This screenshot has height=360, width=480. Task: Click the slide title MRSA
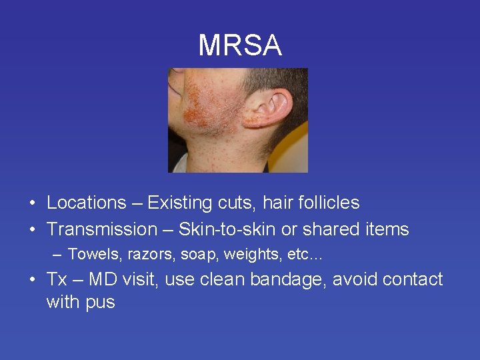pos(240,45)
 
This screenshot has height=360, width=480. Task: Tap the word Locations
pos(86,203)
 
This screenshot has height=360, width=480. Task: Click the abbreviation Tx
pos(57,279)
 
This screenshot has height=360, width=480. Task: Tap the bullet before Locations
pos(32,203)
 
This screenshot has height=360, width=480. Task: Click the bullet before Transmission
pos(32,230)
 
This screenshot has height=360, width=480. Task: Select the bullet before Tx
pos(32,280)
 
